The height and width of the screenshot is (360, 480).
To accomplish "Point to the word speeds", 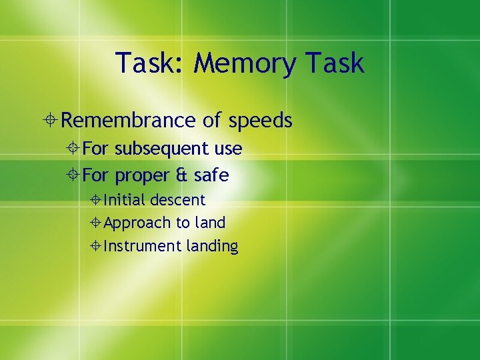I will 260,121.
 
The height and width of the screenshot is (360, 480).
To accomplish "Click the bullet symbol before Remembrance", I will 51,121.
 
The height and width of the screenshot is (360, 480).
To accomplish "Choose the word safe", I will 211,175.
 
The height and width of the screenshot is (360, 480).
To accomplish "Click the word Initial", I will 125,200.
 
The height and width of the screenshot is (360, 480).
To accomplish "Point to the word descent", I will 178,200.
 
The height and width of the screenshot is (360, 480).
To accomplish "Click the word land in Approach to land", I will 210,223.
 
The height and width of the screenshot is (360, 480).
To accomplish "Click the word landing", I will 212,246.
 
